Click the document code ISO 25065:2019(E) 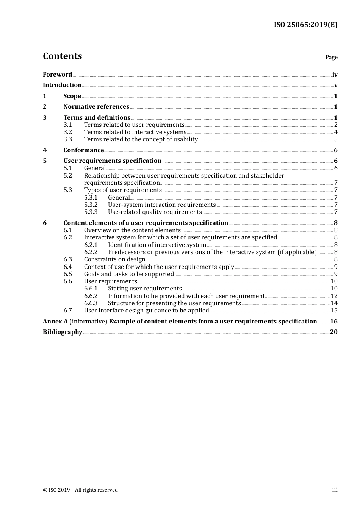305,25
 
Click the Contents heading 62,56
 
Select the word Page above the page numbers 331,57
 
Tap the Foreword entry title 57,74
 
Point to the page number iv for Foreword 335,75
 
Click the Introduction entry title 62,85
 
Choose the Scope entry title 72,96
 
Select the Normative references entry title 96,106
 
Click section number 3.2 67,132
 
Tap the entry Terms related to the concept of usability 141,139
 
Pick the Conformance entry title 83,150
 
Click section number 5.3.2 91,205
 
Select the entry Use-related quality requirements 155,212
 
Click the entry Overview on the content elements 132,230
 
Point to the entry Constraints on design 114,259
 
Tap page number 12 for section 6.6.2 334,296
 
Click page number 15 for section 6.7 334,310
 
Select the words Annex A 55,321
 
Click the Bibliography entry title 63,332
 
